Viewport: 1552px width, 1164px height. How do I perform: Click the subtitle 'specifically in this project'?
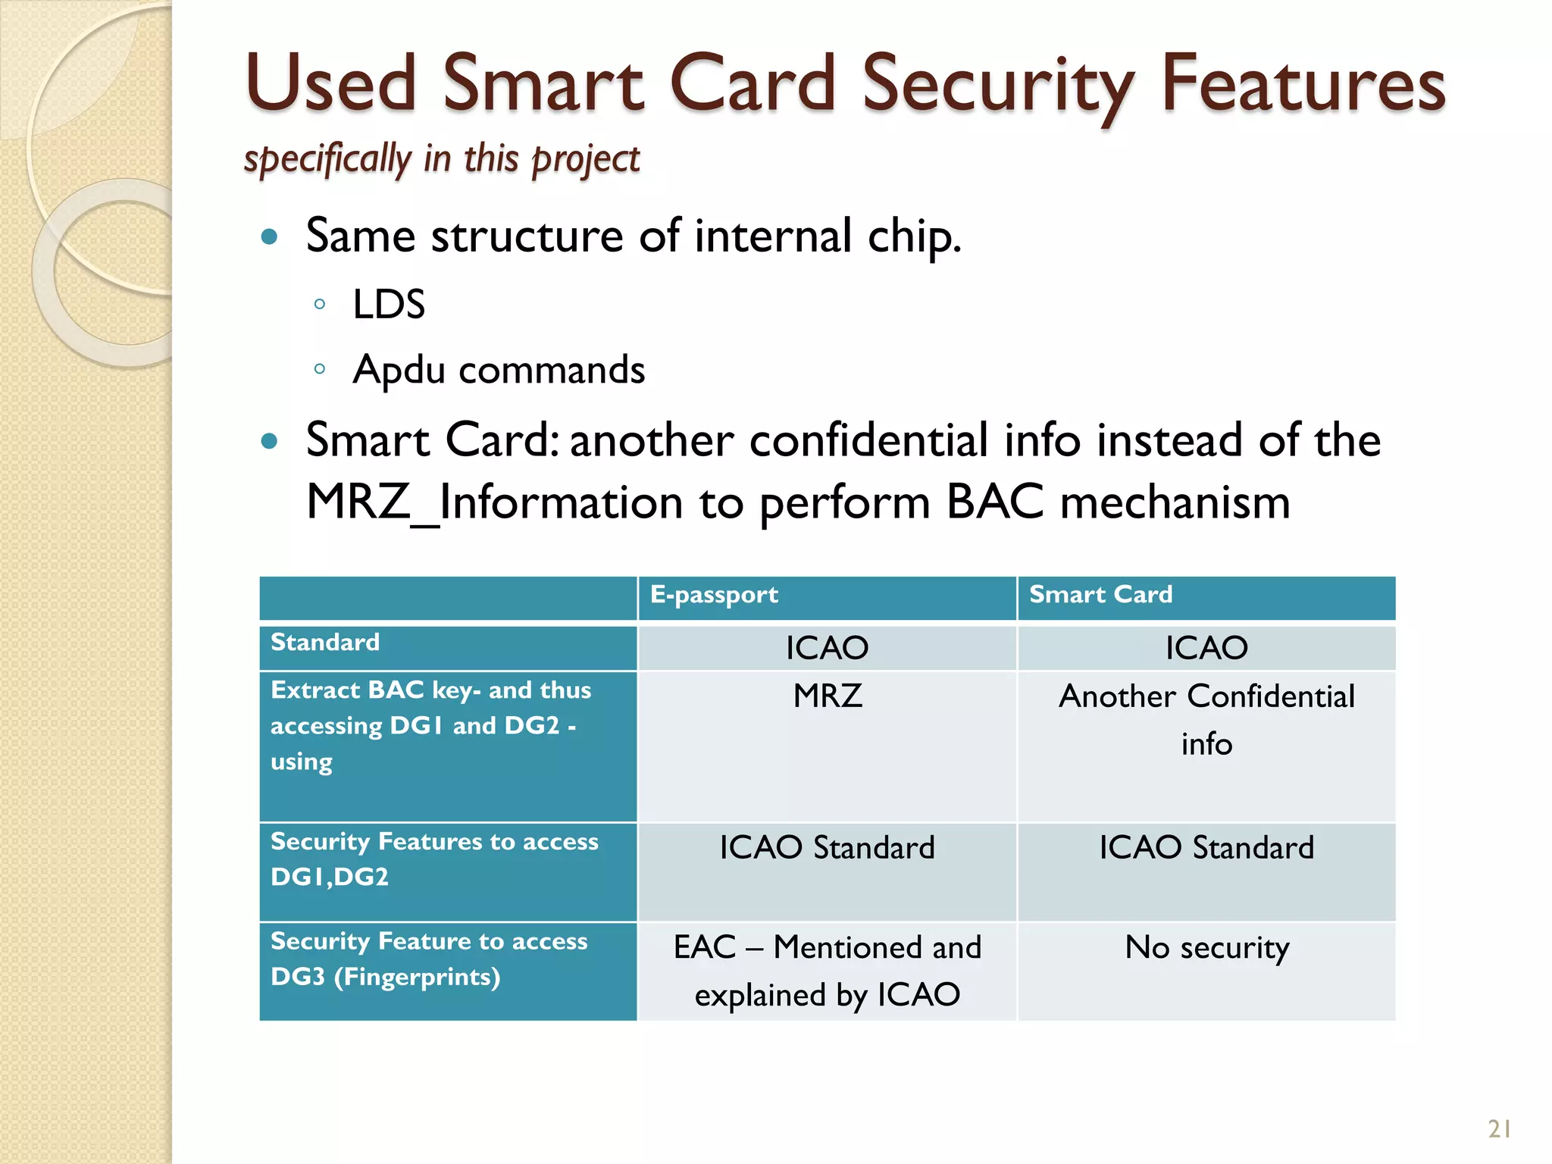click(442, 158)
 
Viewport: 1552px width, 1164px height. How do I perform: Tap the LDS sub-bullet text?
click(389, 305)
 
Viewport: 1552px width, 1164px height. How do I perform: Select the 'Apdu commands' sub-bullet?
click(499, 370)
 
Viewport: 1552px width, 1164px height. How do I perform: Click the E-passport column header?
click(714, 595)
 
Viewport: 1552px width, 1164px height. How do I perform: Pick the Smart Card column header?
click(1100, 595)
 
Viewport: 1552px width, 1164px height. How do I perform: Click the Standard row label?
click(325, 643)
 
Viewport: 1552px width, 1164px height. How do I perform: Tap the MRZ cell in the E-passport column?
click(827, 696)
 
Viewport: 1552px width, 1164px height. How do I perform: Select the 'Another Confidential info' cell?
click(1206, 719)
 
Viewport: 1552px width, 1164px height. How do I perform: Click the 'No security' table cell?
click(1206, 947)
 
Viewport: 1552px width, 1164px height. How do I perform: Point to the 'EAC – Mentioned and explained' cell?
click(827, 971)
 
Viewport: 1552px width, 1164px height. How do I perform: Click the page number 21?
click(1499, 1129)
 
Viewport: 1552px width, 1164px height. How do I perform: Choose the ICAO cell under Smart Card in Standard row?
click(1206, 648)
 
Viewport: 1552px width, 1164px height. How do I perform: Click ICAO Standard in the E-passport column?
click(827, 848)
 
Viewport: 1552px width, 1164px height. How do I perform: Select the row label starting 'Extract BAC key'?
click(430, 725)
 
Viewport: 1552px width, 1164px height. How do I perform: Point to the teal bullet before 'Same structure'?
click(269, 237)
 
